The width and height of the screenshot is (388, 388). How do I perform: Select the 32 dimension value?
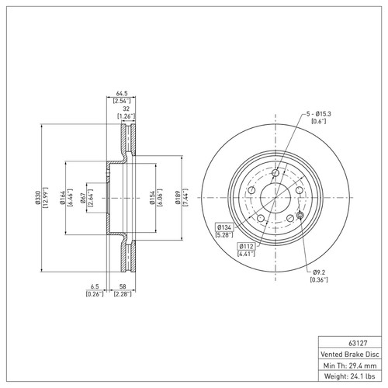tap(124, 109)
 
